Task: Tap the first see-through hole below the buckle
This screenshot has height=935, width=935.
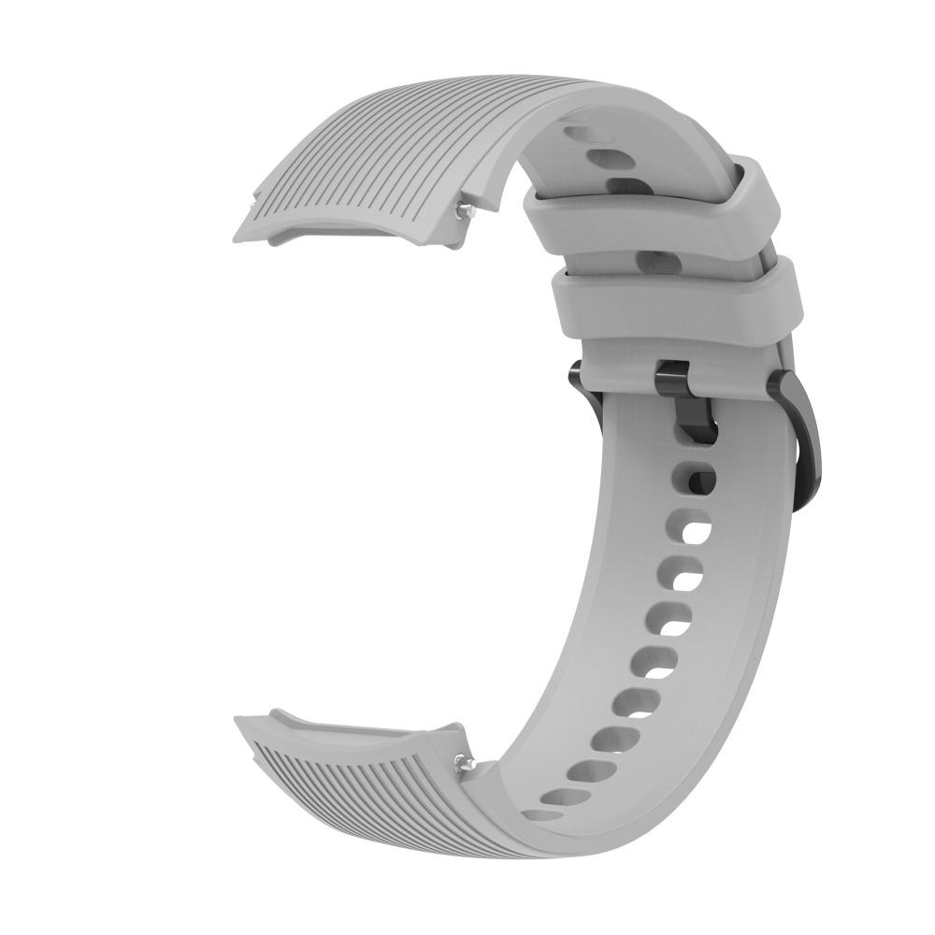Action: [x=690, y=531]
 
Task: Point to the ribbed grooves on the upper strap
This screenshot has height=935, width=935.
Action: [x=374, y=150]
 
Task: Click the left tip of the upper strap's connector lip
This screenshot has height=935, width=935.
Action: [x=236, y=231]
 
